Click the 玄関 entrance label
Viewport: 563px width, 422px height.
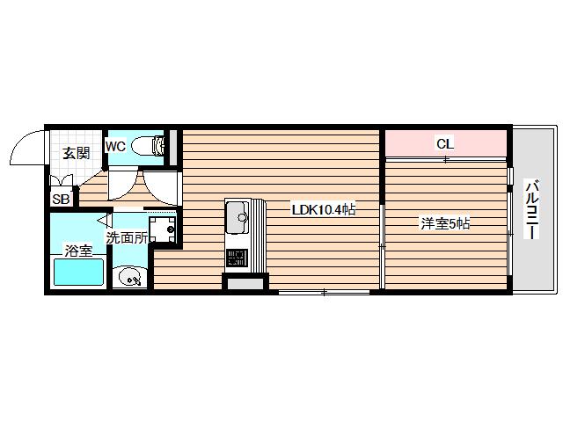pos(77,153)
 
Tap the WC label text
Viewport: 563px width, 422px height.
pos(115,147)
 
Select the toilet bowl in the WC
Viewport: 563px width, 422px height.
pos(143,147)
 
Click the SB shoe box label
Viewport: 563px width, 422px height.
pos(61,199)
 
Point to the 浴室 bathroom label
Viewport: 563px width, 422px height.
pos(78,250)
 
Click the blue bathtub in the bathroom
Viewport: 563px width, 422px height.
pos(78,272)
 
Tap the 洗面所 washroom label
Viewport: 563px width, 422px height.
pos(127,237)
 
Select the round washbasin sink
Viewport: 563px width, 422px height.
pos(129,277)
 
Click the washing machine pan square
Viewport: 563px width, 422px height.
pos(163,229)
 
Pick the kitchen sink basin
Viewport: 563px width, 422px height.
pos(237,217)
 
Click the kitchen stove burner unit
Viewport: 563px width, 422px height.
pos(237,258)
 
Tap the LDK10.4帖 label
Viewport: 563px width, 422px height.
pos(324,209)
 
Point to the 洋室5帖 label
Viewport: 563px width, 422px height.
pos(445,223)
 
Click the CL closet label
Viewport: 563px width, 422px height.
pos(445,144)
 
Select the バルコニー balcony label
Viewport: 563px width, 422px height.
pos(532,208)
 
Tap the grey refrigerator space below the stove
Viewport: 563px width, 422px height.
pos(245,284)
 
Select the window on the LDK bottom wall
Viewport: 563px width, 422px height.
pos(325,293)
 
